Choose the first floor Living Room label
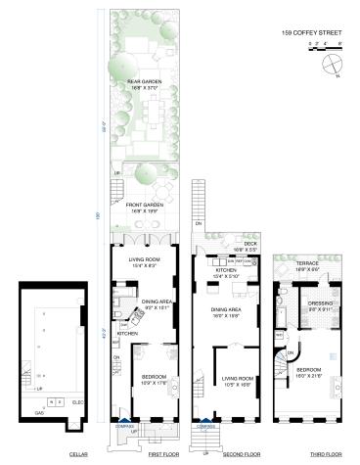point(144,260)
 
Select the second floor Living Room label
point(237,379)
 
